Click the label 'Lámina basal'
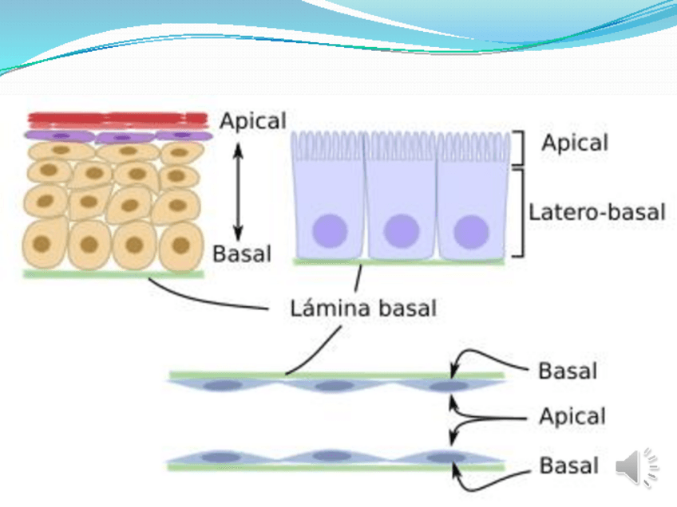(x=362, y=307)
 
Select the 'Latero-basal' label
(x=596, y=212)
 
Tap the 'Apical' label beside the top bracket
(x=574, y=143)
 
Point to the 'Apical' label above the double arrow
(x=252, y=121)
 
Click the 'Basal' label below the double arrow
(x=242, y=254)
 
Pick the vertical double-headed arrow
(x=237, y=188)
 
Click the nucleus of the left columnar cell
(x=331, y=231)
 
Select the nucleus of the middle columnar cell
(x=401, y=231)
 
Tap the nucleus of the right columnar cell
(x=471, y=231)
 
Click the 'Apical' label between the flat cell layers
(x=572, y=416)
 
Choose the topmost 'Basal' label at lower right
(x=567, y=371)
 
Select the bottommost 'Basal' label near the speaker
(x=568, y=465)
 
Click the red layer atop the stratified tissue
(x=118, y=120)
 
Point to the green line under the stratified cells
(x=113, y=274)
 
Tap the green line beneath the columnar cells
(x=398, y=261)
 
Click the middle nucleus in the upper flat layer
(x=330, y=387)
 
